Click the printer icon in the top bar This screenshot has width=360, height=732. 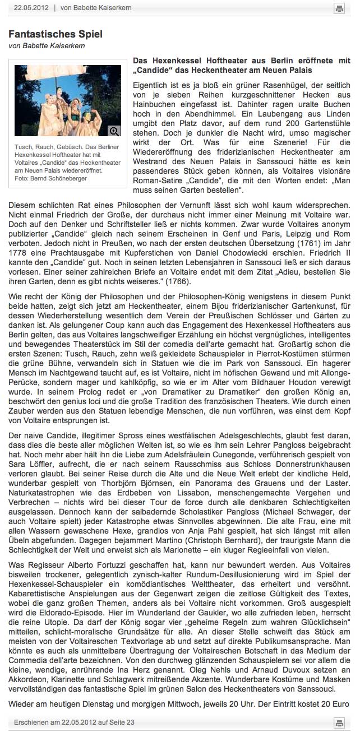point(339,8)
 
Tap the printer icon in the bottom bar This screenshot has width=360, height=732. point(339,722)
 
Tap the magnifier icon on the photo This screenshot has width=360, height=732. point(114,131)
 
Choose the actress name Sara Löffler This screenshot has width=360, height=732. point(28,451)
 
